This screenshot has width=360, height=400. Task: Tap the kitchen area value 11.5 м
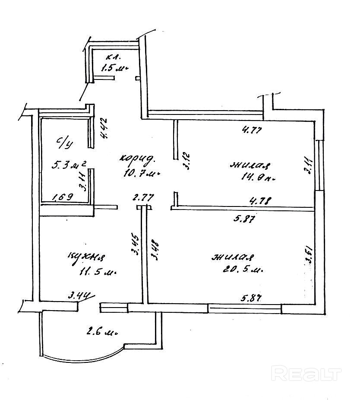tap(98, 273)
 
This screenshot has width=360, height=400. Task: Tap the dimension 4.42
tap(103, 128)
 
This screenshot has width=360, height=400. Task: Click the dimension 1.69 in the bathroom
tap(63, 198)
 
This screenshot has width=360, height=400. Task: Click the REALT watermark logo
tap(306, 373)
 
